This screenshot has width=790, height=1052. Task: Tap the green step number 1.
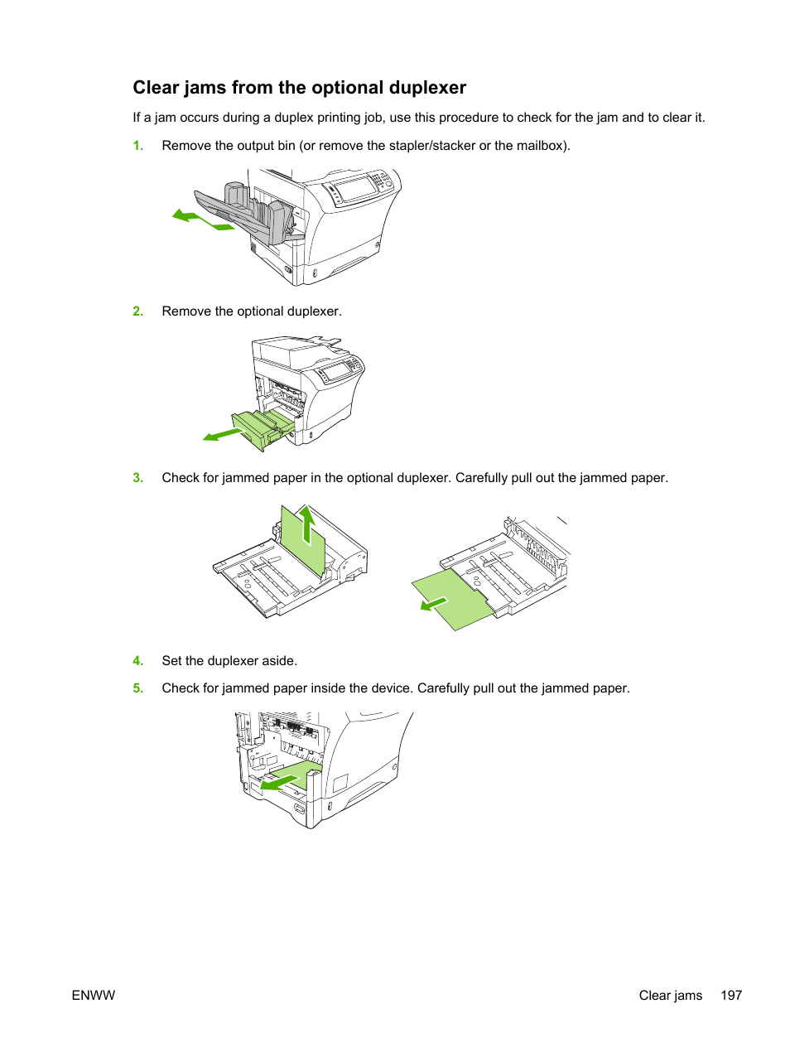(x=138, y=146)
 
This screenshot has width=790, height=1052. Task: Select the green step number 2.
(x=138, y=311)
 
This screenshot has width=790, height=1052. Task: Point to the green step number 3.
(x=138, y=478)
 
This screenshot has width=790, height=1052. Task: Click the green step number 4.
(x=138, y=661)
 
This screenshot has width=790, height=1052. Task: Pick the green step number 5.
(x=138, y=688)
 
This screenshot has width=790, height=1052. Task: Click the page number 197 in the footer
(x=731, y=996)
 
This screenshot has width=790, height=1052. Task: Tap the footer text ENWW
(x=94, y=996)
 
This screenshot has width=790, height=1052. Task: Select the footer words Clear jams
(x=670, y=996)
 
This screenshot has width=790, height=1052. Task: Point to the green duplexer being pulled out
(x=263, y=427)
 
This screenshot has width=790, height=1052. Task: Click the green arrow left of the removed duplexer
(x=221, y=434)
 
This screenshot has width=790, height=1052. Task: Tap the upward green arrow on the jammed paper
(x=307, y=524)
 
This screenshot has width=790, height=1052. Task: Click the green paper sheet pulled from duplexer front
(x=454, y=599)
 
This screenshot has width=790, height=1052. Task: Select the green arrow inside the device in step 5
(x=282, y=781)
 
